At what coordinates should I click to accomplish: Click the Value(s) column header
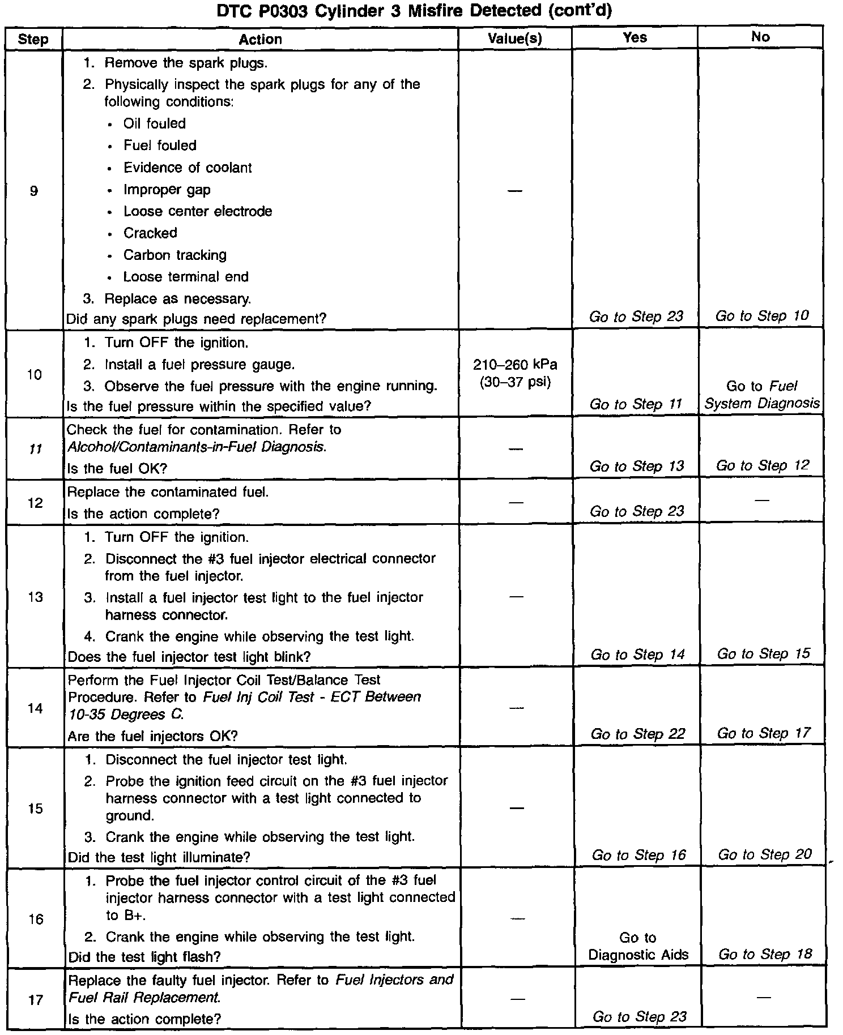(514, 39)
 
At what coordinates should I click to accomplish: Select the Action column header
(260, 39)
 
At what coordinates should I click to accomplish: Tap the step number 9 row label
(33, 191)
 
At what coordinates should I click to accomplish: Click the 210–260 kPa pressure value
(515, 365)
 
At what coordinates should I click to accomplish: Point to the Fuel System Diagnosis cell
(761, 395)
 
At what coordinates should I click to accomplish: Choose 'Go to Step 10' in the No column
(762, 316)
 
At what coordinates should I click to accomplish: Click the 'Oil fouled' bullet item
(154, 123)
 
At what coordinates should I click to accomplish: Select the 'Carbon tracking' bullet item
(174, 255)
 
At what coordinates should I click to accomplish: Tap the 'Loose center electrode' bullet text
(198, 211)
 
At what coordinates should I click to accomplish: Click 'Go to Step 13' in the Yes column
(636, 466)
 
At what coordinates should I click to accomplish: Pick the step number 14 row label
(35, 708)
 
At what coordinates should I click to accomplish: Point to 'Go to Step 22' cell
(637, 734)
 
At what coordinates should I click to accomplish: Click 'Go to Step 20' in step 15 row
(765, 854)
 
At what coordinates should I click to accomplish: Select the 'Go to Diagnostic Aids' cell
(638, 946)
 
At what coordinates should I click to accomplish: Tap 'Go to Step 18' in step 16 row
(765, 954)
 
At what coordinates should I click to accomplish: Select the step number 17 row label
(35, 1000)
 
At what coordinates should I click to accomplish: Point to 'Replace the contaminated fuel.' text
(168, 492)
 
